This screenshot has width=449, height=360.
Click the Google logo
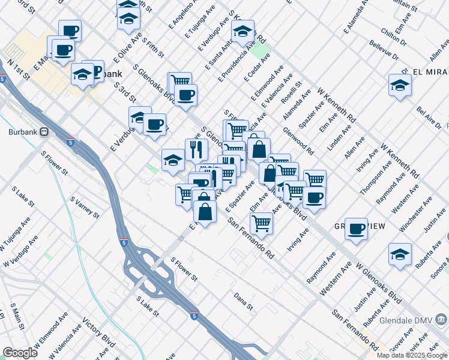20,353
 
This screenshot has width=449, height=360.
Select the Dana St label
244,301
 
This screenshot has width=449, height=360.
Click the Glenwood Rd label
298,140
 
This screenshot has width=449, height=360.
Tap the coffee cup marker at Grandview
356,229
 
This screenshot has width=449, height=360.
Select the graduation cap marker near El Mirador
400,86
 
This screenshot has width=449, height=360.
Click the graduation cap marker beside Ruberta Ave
400,254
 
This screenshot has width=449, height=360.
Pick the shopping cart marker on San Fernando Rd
261,223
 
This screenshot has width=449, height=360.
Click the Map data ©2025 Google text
412,355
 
